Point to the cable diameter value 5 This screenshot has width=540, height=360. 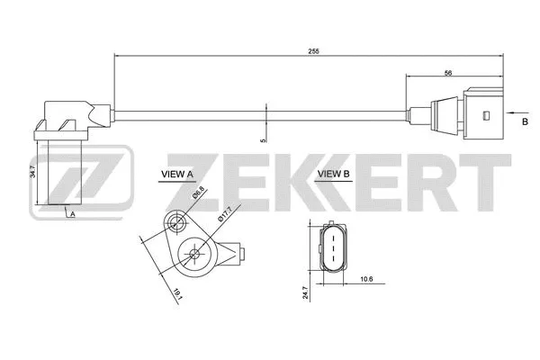pos(262,140)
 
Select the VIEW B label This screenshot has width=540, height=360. pos(334,174)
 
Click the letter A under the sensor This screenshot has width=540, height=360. pos(72,214)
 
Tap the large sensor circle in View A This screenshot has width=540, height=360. pos(194,255)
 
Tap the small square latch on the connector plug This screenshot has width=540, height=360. pos(486,115)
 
